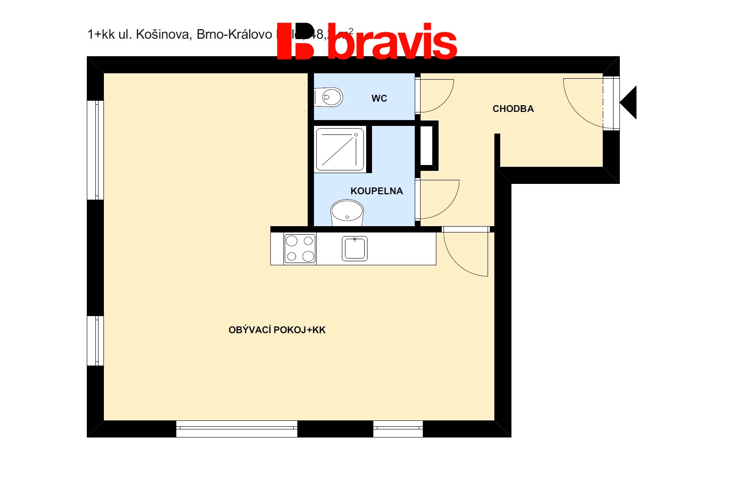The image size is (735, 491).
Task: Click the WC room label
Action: pyautogui.click(x=379, y=98)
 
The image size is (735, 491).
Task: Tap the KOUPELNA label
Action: pyautogui.click(x=376, y=191)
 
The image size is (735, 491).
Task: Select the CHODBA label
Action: pyautogui.click(x=513, y=109)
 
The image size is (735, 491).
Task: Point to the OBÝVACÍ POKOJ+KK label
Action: pyautogui.click(x=277, y=330)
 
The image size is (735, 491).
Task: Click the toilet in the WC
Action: pyautogui.click(x=329, y=97)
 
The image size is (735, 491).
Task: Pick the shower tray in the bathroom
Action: pyautogui.click(x=340, y=149)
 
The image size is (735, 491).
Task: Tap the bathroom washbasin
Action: pyautogui.click(x=347, y=213)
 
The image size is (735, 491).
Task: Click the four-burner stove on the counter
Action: pyautogui.click(x=300, y=248)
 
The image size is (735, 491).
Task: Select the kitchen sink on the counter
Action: pyautogui.click(x=354, y=248)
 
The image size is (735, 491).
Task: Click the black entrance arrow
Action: pyautogui.click(x=629, y=103)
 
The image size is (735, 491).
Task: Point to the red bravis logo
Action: pyautogui.click(x=367, y=41)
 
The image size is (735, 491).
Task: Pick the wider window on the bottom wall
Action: pyautogui.click(x=237, y=429)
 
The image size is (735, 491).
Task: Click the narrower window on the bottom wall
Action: pyautogui.click(x=398, y=429)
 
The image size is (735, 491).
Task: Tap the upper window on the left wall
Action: pyautogui.click(x=95, y=150)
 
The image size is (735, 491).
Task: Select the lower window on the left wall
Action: pyautogui.click(x=95, y=341)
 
